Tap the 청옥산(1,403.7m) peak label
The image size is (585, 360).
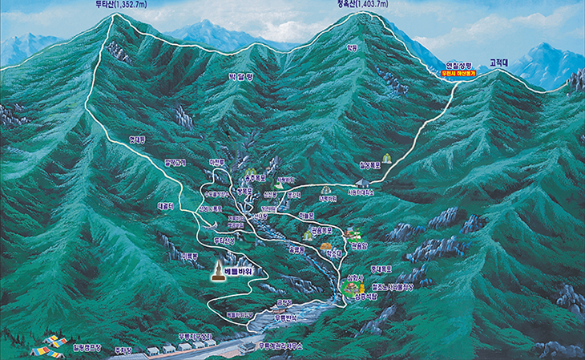click(362, 5)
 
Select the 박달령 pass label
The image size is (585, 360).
click(240, 77)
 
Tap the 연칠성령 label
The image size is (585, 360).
click(461, 64)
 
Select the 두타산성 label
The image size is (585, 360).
click(224, 239)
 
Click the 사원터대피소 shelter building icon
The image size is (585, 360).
click(364, 184)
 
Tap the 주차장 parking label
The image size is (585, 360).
click(123, 350)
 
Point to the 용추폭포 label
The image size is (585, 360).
click(255, 179)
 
